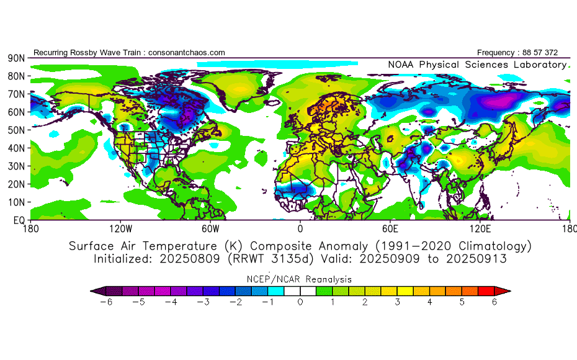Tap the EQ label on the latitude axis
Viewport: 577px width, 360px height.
(x=19, y=220)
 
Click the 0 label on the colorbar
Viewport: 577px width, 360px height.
(x=300, y=302)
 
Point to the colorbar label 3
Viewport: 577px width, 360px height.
(x=398, y=302)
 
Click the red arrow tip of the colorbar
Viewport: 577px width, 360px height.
(x=506, y=290)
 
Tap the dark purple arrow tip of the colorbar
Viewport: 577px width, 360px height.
(x=95, y=290)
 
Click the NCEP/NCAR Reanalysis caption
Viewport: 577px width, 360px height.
(x=300, y=279)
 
